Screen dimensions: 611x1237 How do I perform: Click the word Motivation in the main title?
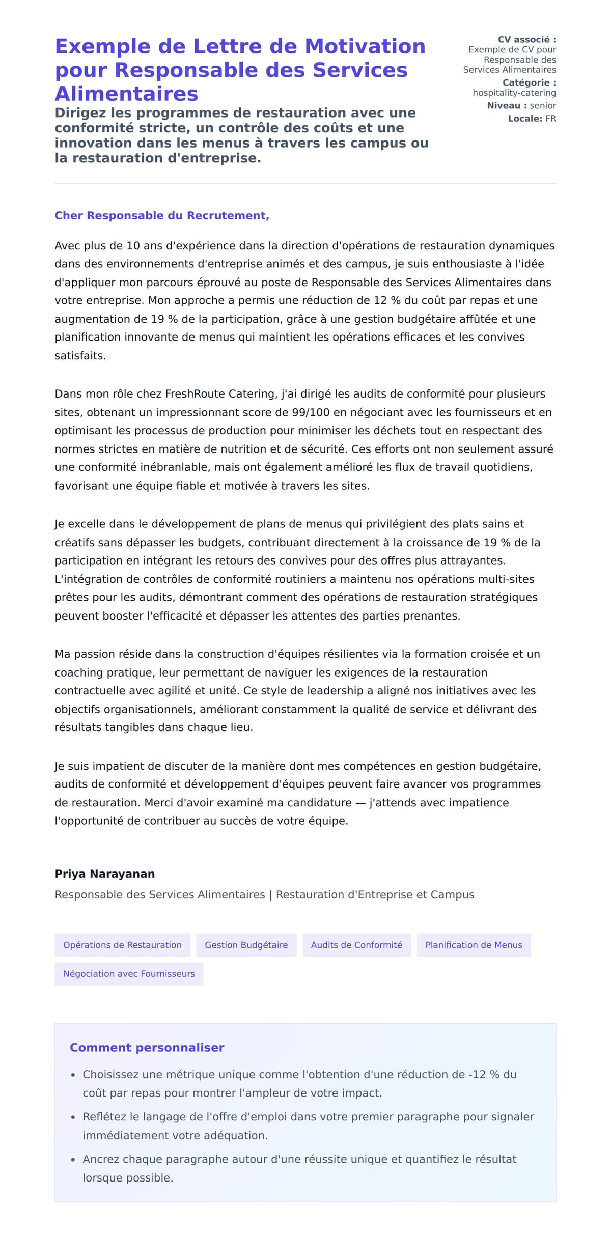pos(365,46)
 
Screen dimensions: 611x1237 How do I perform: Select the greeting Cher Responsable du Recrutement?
pos(162,216)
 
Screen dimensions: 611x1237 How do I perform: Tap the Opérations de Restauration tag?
pos(122,945)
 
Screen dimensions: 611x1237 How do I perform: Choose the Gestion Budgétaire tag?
pos(246,945)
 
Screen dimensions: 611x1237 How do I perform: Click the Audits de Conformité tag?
pos(356,945)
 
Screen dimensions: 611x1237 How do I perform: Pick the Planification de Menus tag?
pos(474,945)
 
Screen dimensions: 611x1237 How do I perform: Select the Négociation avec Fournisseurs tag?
pos(129,973)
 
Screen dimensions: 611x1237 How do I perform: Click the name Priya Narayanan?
pos(105,874)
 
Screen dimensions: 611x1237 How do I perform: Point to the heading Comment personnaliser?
pos(147,1047)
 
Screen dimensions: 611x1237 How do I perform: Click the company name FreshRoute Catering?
pos(221,394)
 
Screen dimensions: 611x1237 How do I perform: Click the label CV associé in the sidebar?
pos(526,40)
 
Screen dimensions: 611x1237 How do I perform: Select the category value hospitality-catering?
pos(514,93)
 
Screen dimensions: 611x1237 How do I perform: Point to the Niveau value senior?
pos(543,106)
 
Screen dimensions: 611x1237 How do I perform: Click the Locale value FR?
pos(550,119)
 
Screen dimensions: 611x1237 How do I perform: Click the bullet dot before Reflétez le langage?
pos(73,1117)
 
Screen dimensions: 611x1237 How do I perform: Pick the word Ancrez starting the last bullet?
pos(100,1159)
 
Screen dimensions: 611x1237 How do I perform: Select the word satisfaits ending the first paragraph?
pos(80,356)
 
